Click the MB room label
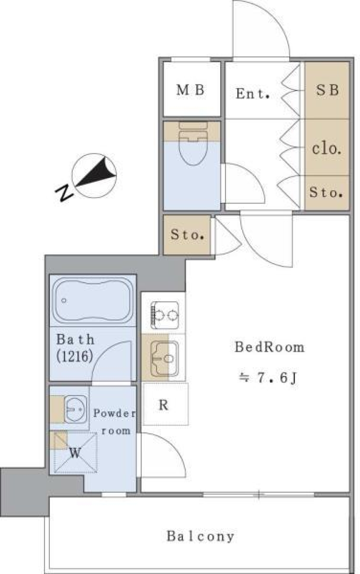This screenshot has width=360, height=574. click(x=191, y=90)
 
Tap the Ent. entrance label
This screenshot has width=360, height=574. click(x=253, y=93)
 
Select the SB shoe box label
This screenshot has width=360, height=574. click(x=327, y=90)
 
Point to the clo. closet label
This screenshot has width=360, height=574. click(x=327, y=149)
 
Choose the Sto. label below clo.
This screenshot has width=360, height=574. click(x=326, y=193)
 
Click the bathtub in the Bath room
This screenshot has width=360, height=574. click(x=93, y=300)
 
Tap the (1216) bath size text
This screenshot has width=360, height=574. click(x=75, y=356)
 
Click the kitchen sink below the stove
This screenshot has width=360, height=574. click(x=164, y=358)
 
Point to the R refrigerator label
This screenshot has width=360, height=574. click(x=163, y=405)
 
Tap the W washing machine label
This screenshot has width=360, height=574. click(x=75, y=453)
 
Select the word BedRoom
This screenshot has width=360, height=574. click(x=269, y=347)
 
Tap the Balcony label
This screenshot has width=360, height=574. click(x=201, y=536)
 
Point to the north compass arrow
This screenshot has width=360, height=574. click(x=95, y=174)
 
